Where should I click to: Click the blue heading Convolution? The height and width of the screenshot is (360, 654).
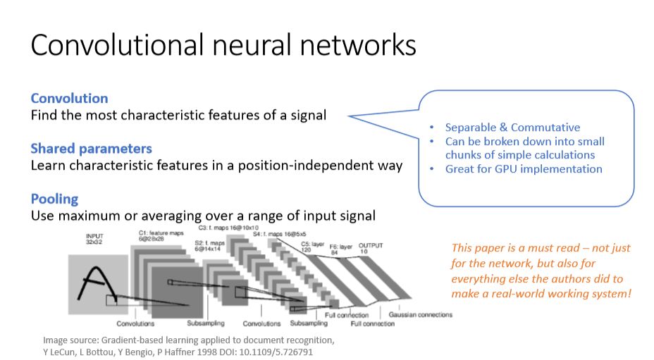69,98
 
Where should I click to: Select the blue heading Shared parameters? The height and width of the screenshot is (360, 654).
91,149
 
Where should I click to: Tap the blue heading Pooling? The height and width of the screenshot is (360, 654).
54,199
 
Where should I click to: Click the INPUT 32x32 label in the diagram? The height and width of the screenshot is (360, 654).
98,239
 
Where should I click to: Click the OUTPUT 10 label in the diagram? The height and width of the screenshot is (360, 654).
371,247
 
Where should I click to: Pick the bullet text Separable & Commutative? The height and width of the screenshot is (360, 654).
512,128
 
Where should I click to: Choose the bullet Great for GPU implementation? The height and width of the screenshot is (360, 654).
524,169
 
